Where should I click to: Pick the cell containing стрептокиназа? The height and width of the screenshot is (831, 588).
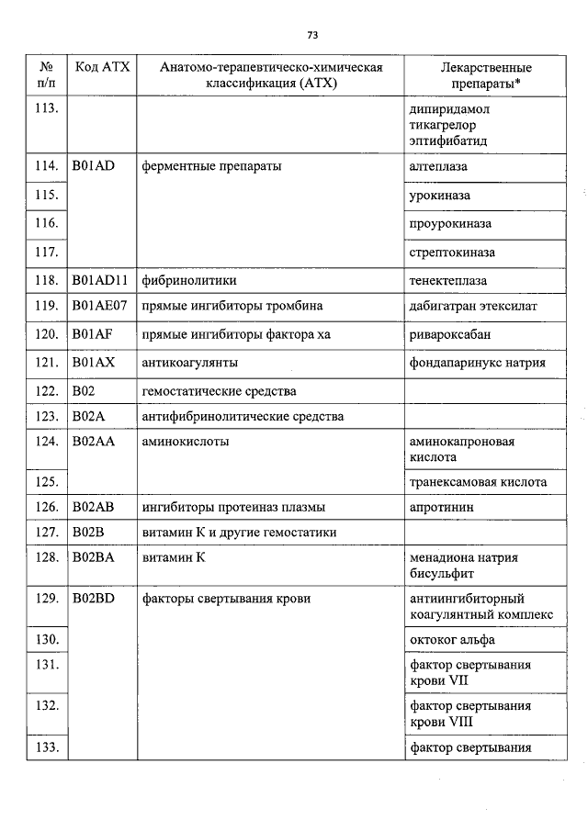451,252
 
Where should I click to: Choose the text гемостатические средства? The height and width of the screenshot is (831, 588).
219,392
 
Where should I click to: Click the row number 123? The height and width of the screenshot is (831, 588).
46,417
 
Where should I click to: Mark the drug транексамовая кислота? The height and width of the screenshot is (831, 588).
477,482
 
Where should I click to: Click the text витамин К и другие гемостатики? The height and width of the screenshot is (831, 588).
238,533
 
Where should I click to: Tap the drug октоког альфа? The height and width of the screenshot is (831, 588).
452,639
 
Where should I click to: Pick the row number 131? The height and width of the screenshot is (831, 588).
46,664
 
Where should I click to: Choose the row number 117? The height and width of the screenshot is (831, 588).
46,252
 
